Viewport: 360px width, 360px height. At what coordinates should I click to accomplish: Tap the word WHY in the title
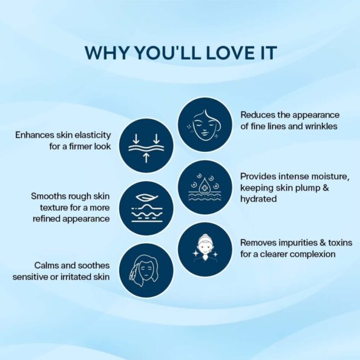(106, 53)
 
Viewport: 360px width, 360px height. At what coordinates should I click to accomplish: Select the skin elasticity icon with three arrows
(146, 146)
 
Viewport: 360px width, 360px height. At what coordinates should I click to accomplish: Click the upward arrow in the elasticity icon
(146, 157)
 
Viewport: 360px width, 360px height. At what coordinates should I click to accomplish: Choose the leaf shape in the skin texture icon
(146, 198)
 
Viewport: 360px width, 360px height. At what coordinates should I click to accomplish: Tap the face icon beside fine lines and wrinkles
(205, 125)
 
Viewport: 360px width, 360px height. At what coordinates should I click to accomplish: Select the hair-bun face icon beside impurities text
(205, 249)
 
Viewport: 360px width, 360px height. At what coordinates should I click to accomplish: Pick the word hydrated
(258, 199)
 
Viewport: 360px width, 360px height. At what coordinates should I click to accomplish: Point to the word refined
(47, 218)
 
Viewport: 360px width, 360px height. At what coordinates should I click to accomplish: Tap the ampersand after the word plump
(326, 188)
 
